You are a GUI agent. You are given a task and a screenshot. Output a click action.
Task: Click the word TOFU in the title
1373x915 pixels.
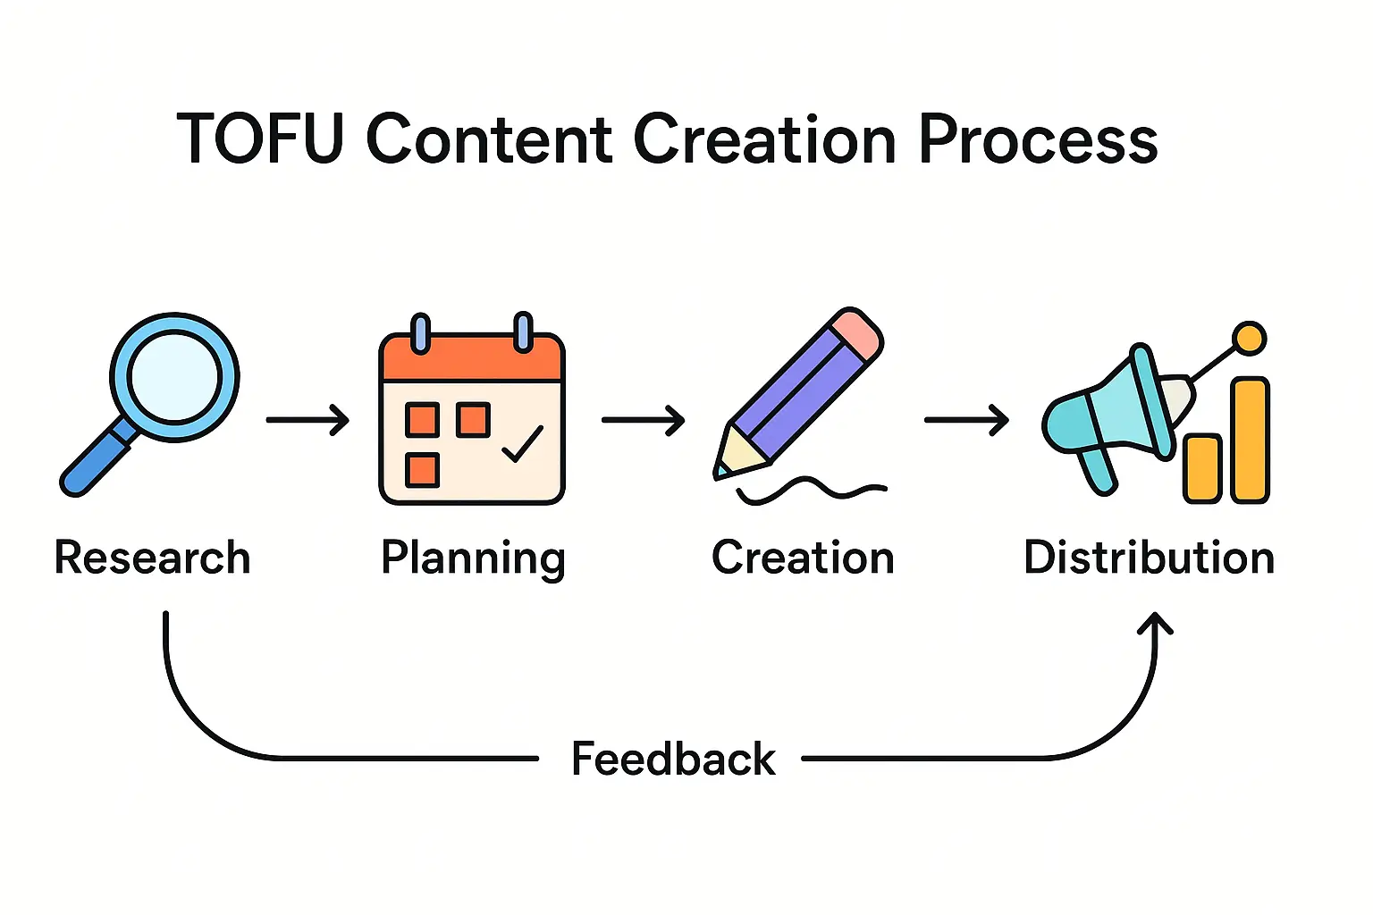(x=260, y=139)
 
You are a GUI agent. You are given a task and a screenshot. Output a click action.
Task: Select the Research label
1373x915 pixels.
(x=152, y=558)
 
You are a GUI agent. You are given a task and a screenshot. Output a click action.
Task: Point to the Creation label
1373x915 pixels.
(x=803, y=558)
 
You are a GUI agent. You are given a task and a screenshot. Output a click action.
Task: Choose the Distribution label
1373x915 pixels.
(x=1149, y=558)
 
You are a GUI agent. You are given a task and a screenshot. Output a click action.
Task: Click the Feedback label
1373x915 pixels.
(x=673, y=760)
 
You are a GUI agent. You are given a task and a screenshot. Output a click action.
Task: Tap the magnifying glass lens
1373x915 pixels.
(x=174, y=376)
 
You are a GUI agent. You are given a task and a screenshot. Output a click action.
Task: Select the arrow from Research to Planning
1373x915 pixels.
(x=307, y=419)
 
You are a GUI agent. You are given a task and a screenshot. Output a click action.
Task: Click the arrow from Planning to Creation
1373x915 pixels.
(x=643, y=419)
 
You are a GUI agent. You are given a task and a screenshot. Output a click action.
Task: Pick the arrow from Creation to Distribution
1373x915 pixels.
(x=966, y=419)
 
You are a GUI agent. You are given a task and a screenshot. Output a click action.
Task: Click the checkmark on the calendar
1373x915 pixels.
(x=523, y=444)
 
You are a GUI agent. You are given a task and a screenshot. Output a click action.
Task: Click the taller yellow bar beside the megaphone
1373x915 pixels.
(x=1250, y=440)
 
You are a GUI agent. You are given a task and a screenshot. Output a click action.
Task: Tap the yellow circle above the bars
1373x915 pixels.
(x=1249, y=339)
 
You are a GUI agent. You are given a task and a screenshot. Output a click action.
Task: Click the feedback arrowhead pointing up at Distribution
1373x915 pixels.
(x=1155, y=622)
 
